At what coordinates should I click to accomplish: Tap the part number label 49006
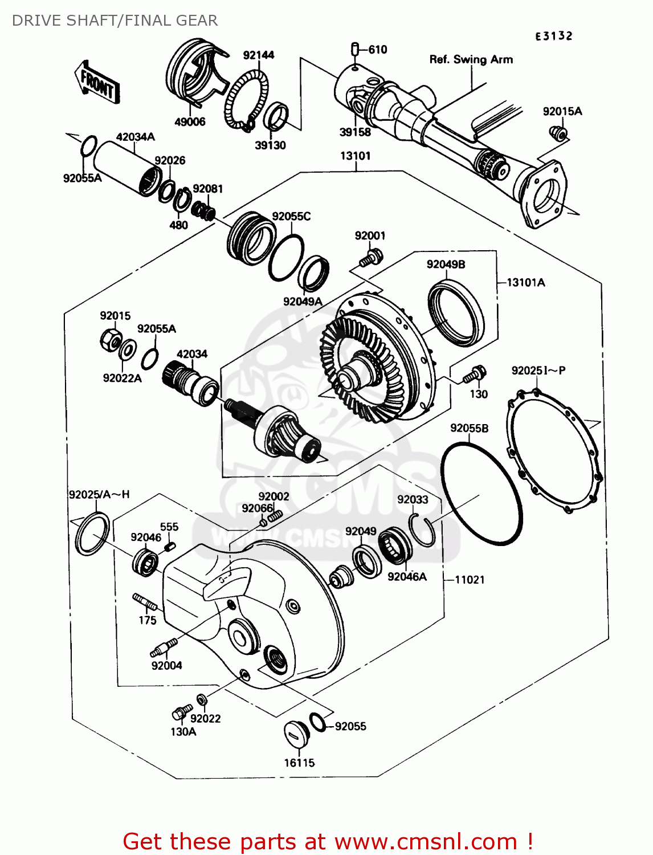pos(190,122)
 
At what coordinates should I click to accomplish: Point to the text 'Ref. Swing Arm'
pos(471,59)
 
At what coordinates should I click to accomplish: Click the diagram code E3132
pos(553,36)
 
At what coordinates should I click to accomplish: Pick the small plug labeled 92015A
pos(558,134)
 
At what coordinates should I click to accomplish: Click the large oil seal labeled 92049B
pos(456,313)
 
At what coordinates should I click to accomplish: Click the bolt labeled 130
pos(474,375)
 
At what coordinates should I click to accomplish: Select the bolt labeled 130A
pos(181,712)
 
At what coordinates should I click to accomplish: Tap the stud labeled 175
pos(145,601)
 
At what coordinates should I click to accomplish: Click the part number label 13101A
pos(525,283)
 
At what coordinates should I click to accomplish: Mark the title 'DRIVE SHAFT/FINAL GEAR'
pos(115,21)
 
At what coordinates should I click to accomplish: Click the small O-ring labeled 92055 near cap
pos(317,722)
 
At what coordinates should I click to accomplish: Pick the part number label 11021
pos(470,580)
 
